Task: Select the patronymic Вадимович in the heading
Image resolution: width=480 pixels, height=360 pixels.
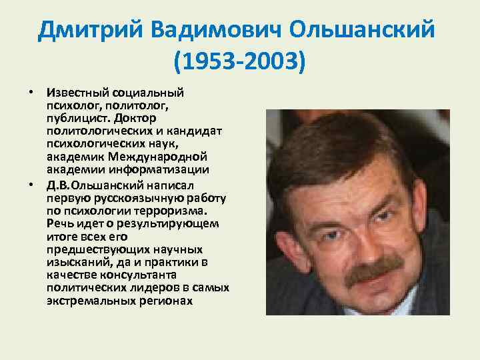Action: [217, 30]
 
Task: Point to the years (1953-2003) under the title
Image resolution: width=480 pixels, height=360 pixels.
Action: [239, 63]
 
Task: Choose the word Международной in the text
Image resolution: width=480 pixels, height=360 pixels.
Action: [171, 156]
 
